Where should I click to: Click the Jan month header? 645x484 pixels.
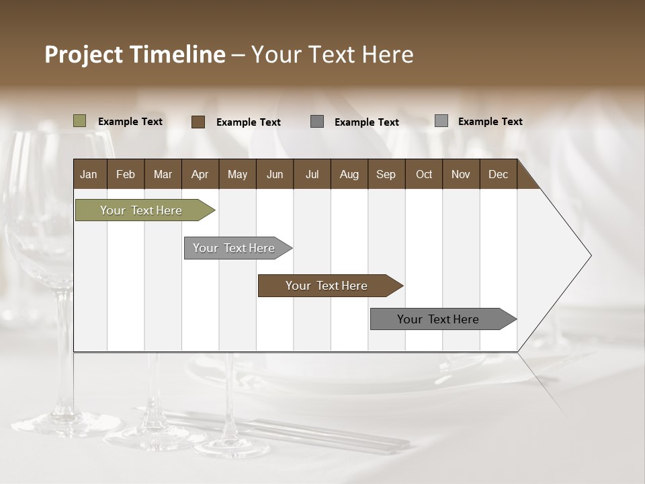tap(89, 174)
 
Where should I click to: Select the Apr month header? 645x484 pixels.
tap(200, 174)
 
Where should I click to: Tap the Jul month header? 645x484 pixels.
tap(312, 174)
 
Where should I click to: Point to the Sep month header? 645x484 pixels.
tap(386, 174)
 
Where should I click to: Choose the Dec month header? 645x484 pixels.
tap(498, 174)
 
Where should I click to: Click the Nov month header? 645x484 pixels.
tap(460, 174)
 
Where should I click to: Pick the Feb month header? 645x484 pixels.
tap(126, 174)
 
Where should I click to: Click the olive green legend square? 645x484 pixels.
tap(80, 121)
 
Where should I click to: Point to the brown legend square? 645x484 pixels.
tap(198, 122)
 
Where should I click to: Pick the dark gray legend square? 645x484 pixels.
tap(317, 122)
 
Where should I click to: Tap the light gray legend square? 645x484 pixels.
tap(441, 121)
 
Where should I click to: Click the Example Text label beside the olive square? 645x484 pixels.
tap(130, 122)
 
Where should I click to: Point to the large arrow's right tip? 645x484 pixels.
tap(589, 255)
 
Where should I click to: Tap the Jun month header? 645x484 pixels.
tap(275, 174)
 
